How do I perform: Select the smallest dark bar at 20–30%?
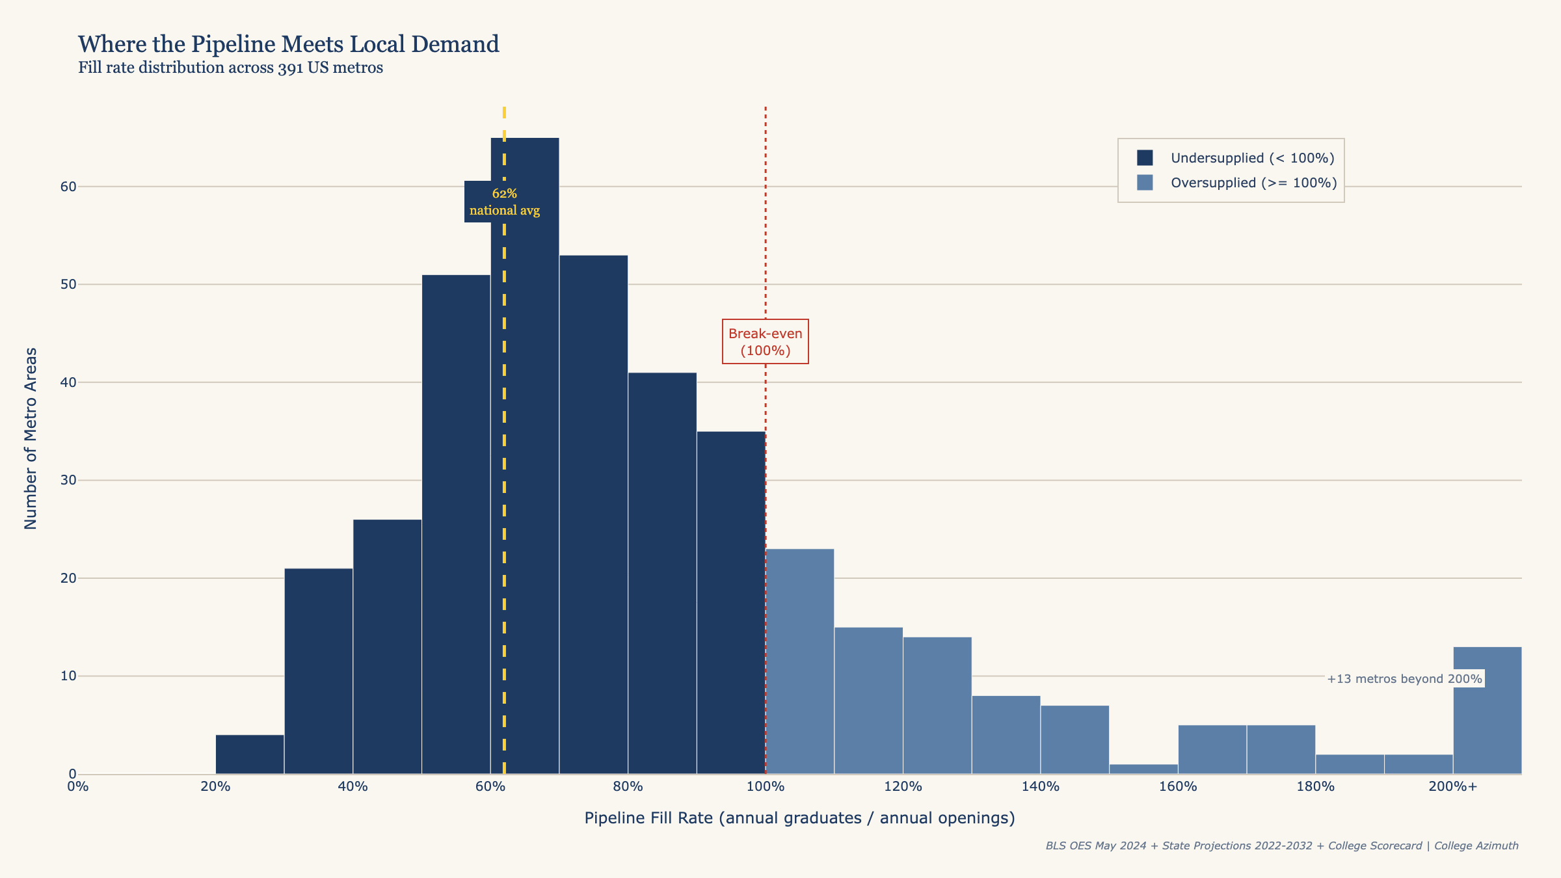(x=250, y=754)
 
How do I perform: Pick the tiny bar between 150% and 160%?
(x=1143, y=769)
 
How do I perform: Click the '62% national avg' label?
(x=505, y=202)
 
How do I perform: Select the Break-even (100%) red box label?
(x=766, y=341)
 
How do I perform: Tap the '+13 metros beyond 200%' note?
(x=1404, y=679)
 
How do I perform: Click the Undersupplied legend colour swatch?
(x=1145, y=158)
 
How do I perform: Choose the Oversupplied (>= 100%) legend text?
(x=1253, y=183)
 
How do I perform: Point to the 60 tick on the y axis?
(x=68, y=187)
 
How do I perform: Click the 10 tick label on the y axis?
(x=68, y=676)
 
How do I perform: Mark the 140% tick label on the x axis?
(x=1041, y=787)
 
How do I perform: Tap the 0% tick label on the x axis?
(x=78, y=787)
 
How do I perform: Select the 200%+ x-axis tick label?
(x=1453, y=787)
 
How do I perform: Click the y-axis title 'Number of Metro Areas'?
(x=31, y=438)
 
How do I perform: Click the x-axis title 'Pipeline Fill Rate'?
(x=799, y=818)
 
